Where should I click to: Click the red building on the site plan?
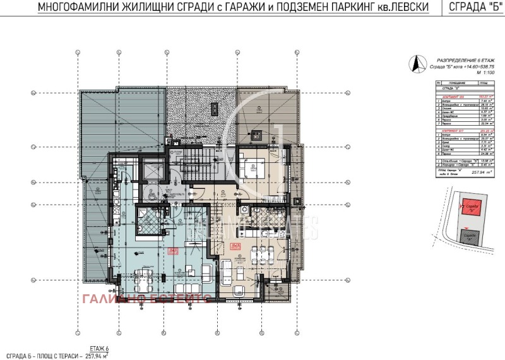coord(472,208)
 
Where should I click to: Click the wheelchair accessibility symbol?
coord(152,196)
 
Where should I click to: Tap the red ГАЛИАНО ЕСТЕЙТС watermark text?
coord(140,298)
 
